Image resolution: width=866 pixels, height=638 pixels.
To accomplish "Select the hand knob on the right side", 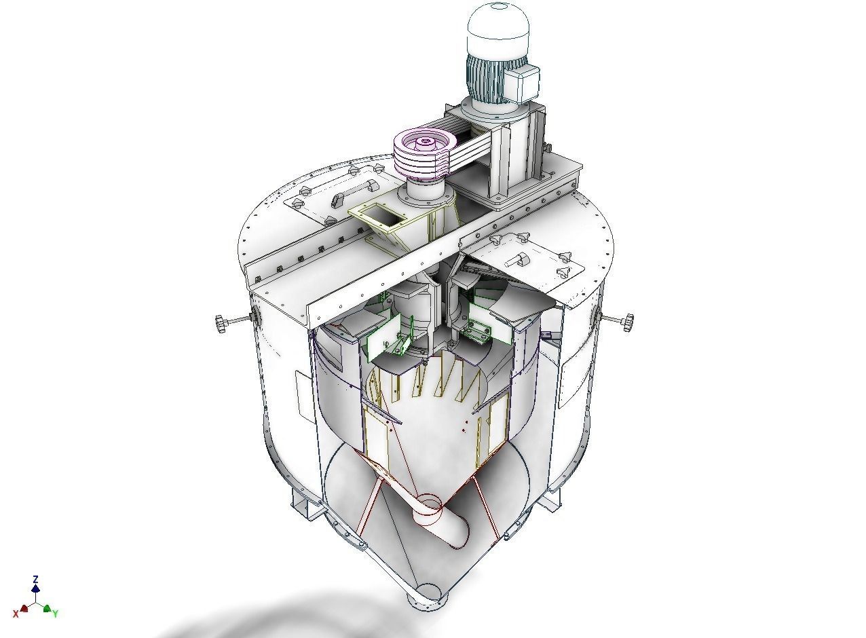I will click(626, 321).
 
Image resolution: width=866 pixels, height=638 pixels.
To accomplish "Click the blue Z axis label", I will click(35, 580).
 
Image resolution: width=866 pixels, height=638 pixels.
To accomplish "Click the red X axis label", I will click(16, 614).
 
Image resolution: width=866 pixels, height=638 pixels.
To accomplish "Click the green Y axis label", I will click(56, 614).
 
